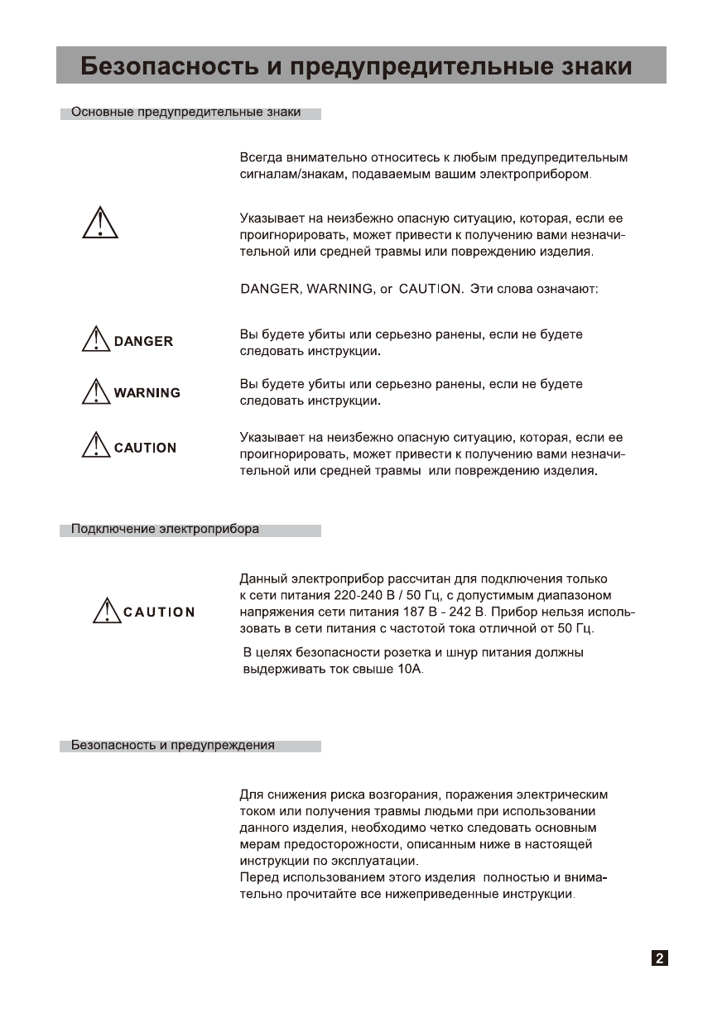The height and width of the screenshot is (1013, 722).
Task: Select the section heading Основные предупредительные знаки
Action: [186, 112]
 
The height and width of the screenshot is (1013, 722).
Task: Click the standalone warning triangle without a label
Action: [100, 222]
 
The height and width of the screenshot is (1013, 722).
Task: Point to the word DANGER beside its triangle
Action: [143, 341]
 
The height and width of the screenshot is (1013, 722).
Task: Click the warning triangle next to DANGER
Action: [96, 339]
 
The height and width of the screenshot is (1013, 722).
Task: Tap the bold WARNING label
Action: [147, 393]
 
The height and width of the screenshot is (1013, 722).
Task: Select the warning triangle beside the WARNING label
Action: [96, 391]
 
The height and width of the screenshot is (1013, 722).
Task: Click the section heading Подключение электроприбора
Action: [165, 529]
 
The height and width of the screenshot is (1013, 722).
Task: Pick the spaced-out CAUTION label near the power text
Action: [159, 612]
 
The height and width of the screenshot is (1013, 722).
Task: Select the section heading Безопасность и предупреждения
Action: [173, 745]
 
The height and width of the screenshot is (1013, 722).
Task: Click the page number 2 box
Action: [659, 958]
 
